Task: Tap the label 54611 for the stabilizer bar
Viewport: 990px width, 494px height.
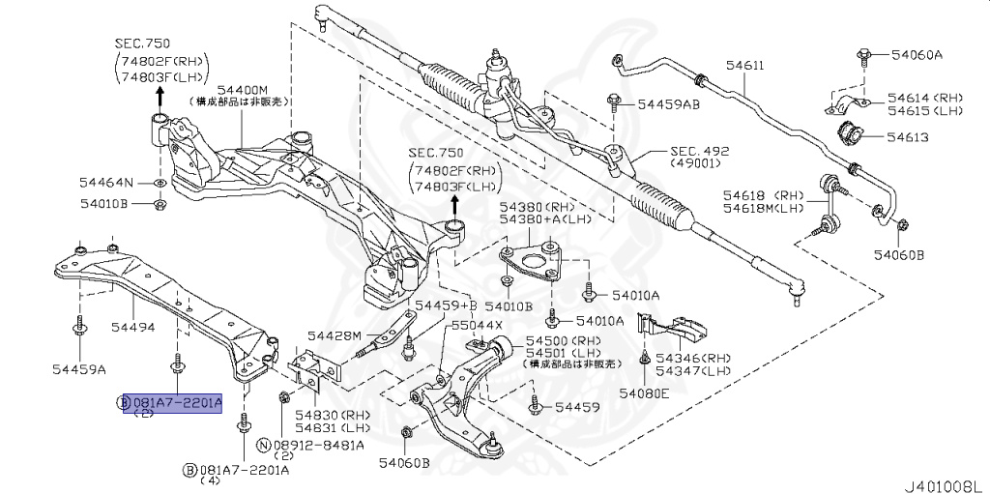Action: pos(744,66)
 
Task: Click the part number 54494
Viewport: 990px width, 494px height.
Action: pos(131,327)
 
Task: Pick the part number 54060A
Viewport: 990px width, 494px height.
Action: pos(916,55)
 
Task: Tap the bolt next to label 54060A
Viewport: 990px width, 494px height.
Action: pos(860,54)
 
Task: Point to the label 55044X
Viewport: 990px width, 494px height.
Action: pos(478,326)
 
